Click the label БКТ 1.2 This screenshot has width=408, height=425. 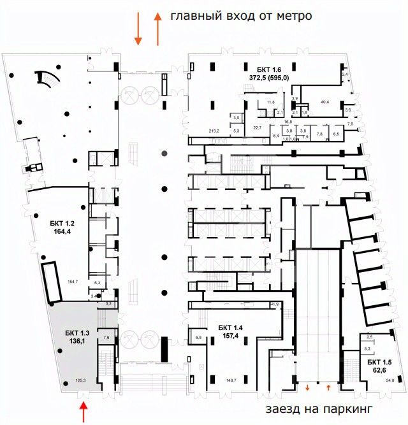[62, 223]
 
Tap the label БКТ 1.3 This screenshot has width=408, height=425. [77, 332]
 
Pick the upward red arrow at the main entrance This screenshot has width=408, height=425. [157, 31]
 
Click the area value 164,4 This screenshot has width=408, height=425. [62, 232]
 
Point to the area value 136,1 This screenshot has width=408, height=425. [77, 341]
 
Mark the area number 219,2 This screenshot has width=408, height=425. [214, 131]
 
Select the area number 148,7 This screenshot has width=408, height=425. [231, 380]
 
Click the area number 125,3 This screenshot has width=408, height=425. [80, 380]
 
